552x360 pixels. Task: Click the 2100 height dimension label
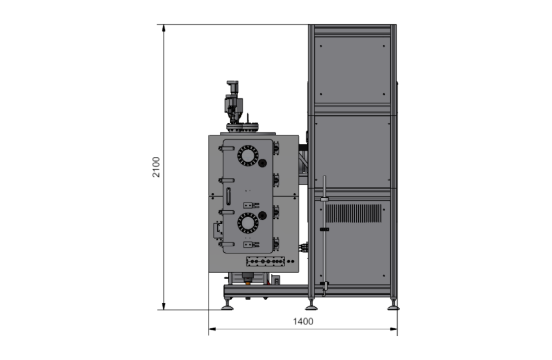click(156, 167)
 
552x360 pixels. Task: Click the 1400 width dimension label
click(303, 321)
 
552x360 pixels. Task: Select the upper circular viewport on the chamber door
click(248, 155)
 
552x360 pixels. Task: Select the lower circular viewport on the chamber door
click(248, 223)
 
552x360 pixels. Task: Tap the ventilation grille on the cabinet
click(354, 213)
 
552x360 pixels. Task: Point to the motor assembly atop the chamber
click(233, 102)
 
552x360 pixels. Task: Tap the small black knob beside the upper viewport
click(263, 163)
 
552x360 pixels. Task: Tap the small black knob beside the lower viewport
click(262, 215)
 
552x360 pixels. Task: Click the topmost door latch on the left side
click(226, 148)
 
